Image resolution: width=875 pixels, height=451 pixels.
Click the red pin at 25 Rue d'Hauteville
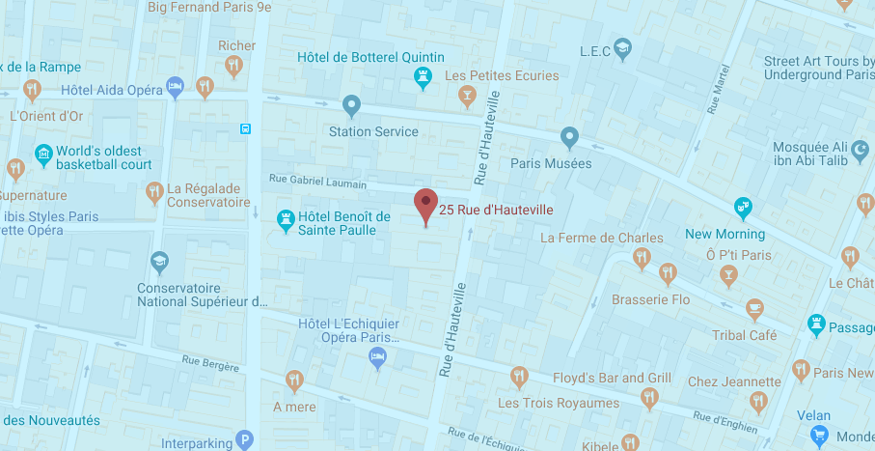pos(425,204)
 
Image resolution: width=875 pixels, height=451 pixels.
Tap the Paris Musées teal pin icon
pos(569,138)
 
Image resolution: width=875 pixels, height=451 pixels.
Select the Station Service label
pos(373,131)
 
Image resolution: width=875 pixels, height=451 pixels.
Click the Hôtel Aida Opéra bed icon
pos(175,88)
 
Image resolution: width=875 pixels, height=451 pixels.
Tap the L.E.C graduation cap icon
pos(623,50)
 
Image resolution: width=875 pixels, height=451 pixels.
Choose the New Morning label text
pos(725,234)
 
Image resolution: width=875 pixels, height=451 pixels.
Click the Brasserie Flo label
pos(651,299)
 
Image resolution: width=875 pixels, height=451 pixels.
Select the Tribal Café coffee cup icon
pos(754,308)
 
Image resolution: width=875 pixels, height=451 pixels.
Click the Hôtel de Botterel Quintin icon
pos(423,76)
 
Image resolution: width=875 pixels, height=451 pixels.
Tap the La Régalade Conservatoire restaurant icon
pos(153,192)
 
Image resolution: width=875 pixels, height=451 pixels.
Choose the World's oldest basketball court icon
pos(42,154)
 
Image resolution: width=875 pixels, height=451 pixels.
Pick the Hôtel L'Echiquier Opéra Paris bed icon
pos(379,358)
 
